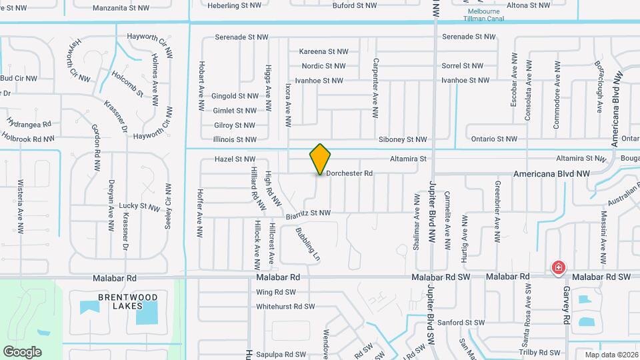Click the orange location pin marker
click(x=321, y=159)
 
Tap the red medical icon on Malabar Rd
click(x=558, y=269)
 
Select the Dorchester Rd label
click(x=349, y=173)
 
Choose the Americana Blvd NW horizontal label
click(x=551, y=173)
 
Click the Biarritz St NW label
click(x=308, y=213)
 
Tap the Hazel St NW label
click(x=235, y=159)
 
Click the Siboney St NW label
click(x=402, y=140)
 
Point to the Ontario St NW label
click(x=494, y=139)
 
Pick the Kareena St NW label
click(x=323, y=51)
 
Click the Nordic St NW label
click(x=323, y=66)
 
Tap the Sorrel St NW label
click(x=462, y=66)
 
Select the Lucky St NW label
click(x=139, y=207)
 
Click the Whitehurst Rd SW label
click(x=285, y=307)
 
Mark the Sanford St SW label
click(x=461, y=323)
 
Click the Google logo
click(x=22, y=352)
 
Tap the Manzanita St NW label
click(x=121, y=8)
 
